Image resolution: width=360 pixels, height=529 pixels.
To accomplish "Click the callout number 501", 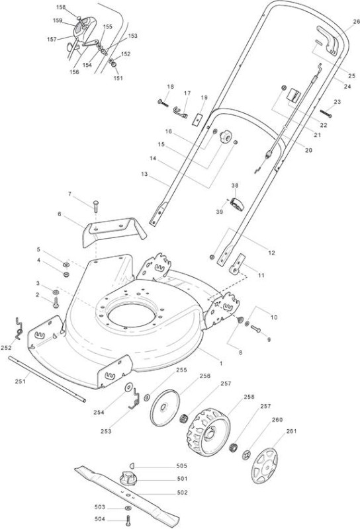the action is (182, 478).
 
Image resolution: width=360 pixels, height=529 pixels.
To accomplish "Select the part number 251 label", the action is (21, 382).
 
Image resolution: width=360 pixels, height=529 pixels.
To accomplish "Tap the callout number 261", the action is (291, 431).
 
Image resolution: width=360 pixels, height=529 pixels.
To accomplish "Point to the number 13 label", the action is (144, 174).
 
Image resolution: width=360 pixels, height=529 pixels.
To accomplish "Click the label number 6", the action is (60, 214).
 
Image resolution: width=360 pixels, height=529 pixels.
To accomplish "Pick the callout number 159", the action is (58, 20).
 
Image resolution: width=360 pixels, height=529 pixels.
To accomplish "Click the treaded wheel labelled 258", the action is (208, 432).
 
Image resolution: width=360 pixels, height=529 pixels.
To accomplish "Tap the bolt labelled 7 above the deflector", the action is (95, 206).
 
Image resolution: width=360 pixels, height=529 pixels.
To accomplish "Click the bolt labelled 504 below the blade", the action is (128, 520).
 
